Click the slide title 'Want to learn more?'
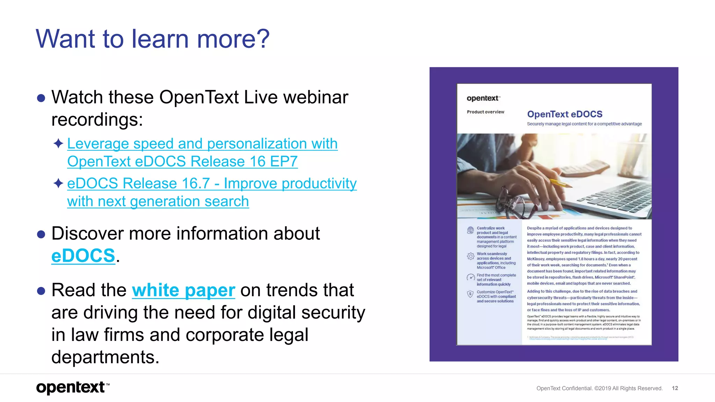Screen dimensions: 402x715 click(x=153, y=39)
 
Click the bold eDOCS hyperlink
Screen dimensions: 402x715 click(x=83, y=256)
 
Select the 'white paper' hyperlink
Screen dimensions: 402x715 click(x=183, y=290)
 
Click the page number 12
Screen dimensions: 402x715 click(x=675, y=388)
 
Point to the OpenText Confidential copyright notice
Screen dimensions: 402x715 click(x=599, y=388)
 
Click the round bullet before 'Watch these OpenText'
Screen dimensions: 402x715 click(x=41, y=98)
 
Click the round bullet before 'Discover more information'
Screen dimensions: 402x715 click(x=41, y=234)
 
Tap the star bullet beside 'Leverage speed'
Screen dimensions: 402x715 click(x=58, y=143)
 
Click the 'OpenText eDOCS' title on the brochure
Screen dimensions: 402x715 click(x=565, y=114)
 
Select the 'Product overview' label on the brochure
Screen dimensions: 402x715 click(x=485, y=112)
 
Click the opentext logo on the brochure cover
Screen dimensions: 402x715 click(x=483, y=98)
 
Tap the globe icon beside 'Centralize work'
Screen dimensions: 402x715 click(x=470, y=230)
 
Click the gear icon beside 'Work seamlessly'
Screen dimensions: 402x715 click(x=470, y=256)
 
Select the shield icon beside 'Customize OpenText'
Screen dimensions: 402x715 click(x=470, y=294)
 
